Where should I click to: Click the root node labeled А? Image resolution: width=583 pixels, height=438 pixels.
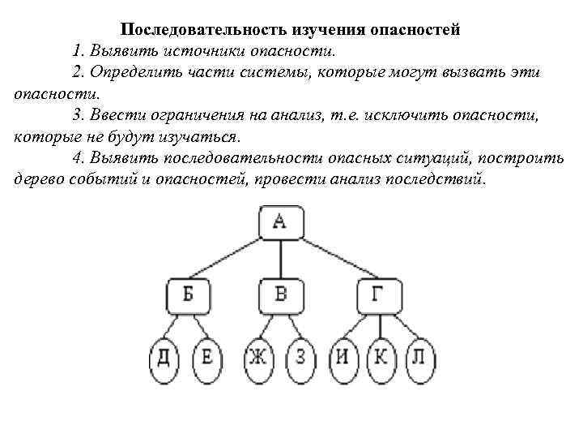(x=280, y=222)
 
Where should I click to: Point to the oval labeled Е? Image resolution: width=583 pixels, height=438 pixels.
(x=207, y=357)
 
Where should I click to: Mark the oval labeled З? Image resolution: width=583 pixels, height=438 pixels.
(x=300, y=357)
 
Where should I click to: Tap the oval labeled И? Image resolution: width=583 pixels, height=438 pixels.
(x=343, y=357)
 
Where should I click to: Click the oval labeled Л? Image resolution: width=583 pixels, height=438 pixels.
(x=417, y=357)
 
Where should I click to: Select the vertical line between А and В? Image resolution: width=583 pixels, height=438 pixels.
(x=280, y=260)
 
